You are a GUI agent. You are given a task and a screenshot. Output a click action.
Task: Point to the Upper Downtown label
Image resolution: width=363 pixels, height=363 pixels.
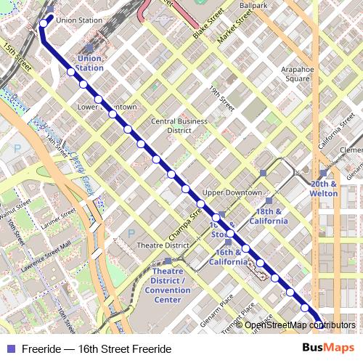[x=232, y=192]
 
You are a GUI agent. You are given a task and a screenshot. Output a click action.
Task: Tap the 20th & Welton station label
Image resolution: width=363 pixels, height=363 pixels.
[x=325, y=189]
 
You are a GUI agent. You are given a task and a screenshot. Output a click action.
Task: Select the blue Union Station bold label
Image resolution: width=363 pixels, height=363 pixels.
[x=90, y=62]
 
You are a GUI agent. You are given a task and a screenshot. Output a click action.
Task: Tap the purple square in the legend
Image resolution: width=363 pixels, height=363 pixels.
[x=10, y=348]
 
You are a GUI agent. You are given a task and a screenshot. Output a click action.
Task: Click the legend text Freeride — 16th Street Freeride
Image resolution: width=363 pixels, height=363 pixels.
[x=96, y=348]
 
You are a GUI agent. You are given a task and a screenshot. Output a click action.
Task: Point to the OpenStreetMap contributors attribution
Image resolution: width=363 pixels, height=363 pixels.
[x=300, y=325]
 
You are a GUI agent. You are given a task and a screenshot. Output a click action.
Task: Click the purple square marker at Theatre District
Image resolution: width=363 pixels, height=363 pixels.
[x=168, y=261]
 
